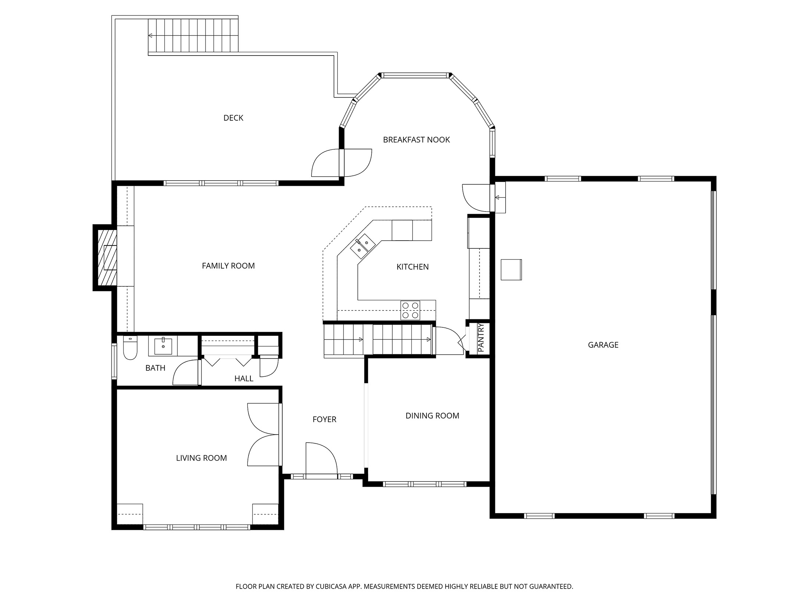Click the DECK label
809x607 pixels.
[x=233, y=118]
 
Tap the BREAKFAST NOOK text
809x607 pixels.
[x=416, y=140]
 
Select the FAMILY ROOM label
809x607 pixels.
[x=228, y=266]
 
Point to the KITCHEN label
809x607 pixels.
[x=412, y=267]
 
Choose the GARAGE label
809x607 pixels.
[x=603, y=345]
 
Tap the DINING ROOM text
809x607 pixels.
[x=432, y=416]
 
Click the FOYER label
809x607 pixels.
[x=324, y=419]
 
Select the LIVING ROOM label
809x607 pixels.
[x=201, y=458]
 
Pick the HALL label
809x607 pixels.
[x=243, y=379]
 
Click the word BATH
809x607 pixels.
[x=155, y=368]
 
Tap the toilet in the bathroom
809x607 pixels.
[x=130, y=349]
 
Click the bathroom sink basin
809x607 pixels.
[x=163, y=346]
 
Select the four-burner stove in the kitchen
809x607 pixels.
[x=410, y=310]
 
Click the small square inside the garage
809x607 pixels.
[x=511, y=270]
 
